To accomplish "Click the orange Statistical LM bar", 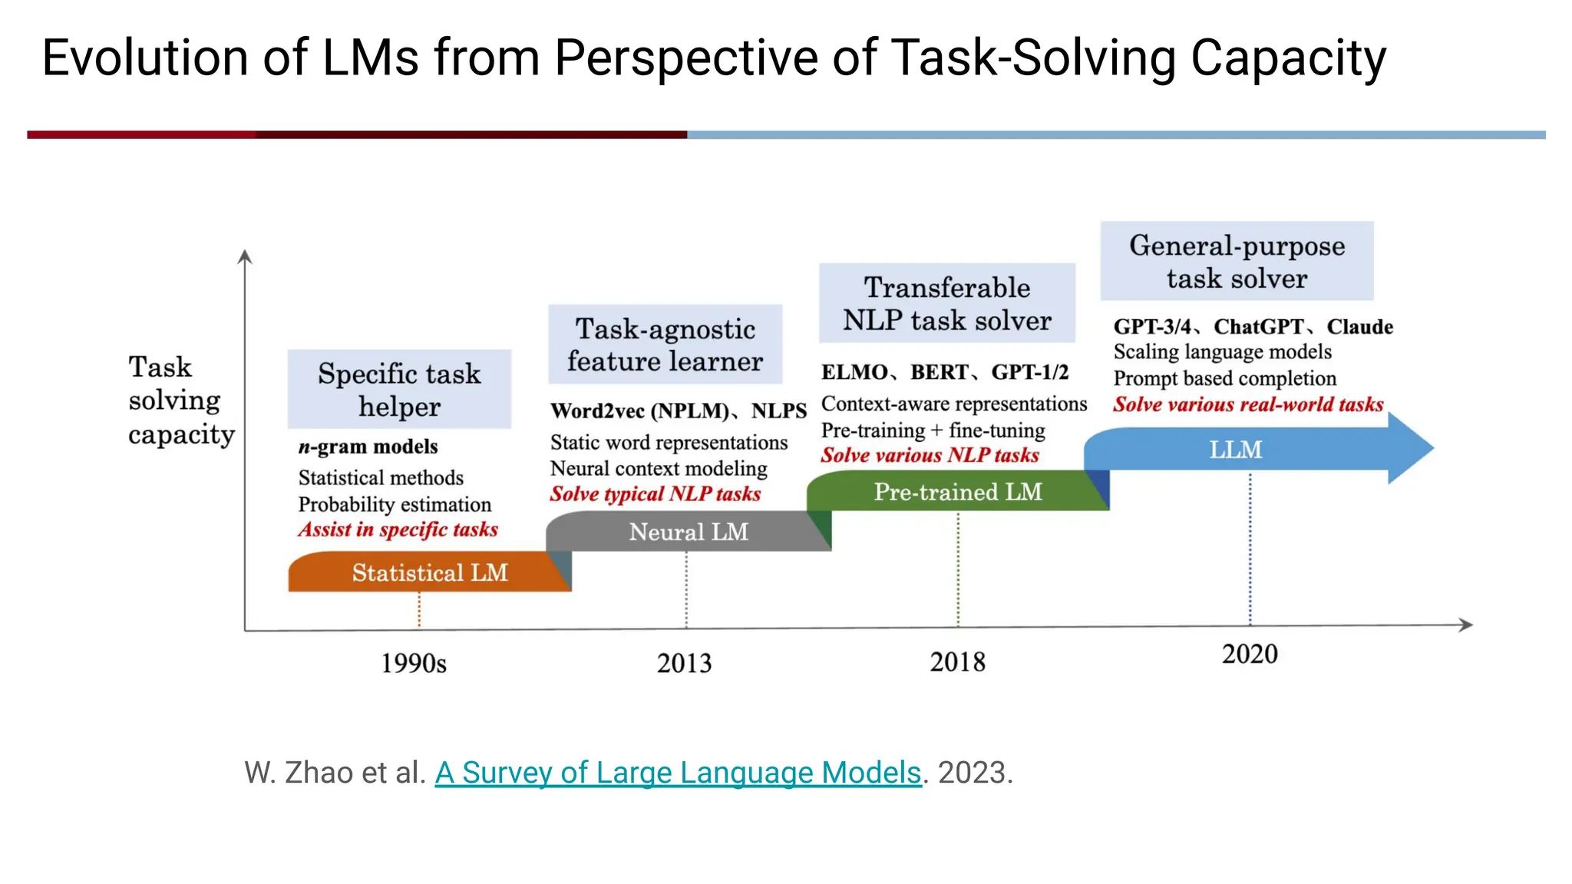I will point(429,572).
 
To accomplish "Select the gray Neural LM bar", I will point(688,532).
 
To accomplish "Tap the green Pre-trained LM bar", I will point(957,491).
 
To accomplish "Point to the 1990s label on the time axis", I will point(414,663).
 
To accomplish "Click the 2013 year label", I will point(684,663).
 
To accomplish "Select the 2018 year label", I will point(957,661).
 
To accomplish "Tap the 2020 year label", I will point(1250,654).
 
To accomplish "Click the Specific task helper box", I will point(399,389).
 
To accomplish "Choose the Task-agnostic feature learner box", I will point(665,345).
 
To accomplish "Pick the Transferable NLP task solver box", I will point(946,303).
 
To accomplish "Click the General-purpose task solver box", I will point(1237,261).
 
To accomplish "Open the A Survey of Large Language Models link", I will point(678,773).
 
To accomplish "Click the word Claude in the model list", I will point(1359,327).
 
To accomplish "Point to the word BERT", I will point(939,372).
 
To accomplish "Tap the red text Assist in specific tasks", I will point(398,529).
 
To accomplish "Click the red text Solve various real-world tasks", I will point(1248,404).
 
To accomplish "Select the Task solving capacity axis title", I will point(180,400).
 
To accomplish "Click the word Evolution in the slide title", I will point(145,58).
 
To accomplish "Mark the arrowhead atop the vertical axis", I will point(245,256).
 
